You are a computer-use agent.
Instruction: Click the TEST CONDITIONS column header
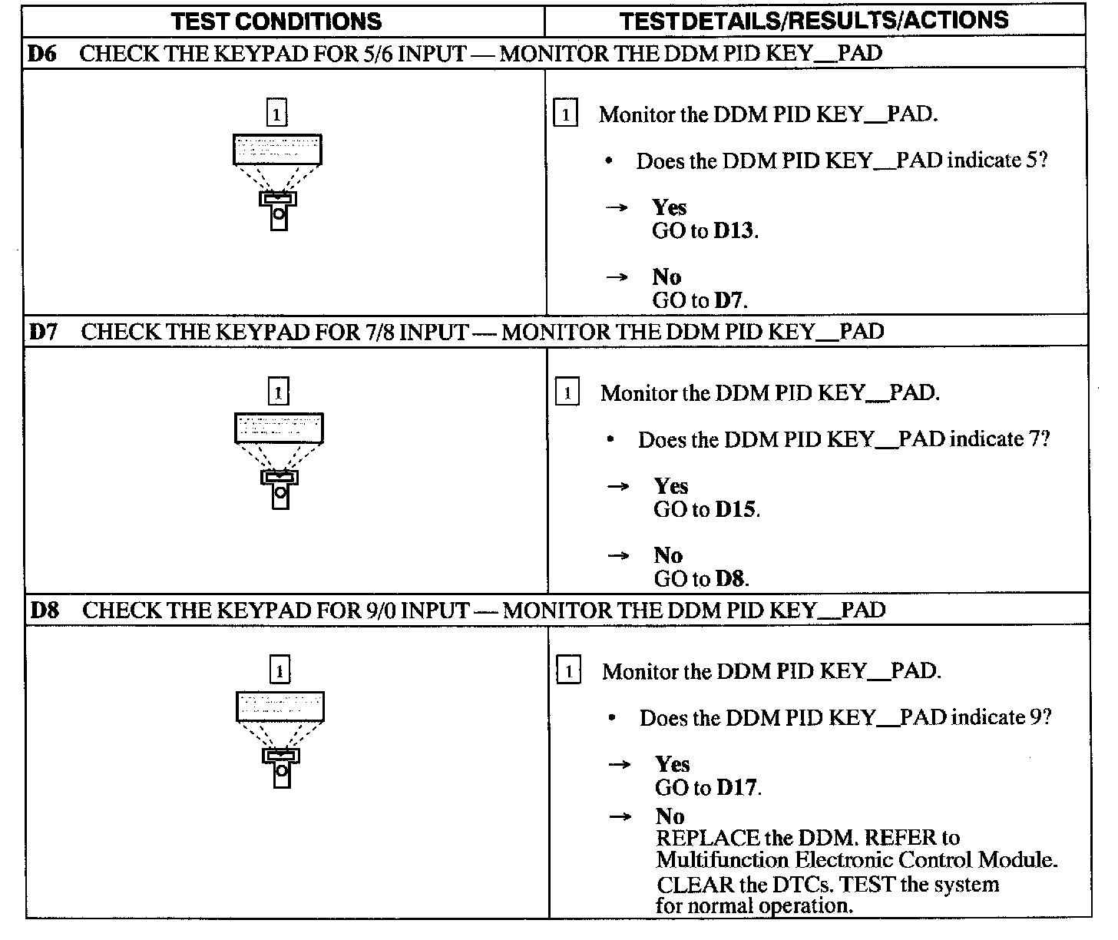click(x=276, y=21)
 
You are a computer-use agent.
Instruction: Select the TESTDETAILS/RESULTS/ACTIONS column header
click(x=814, y=21)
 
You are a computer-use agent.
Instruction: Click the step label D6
click(x=43, y=54)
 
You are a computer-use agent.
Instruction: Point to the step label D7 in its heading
click(x=45, y=332)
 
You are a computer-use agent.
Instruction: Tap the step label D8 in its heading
click(x=45, y=611)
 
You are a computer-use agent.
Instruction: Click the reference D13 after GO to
click(x=734, y=231)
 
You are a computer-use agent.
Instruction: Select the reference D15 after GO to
click(x=736, y=509)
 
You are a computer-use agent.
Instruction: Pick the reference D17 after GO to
click(x=737, y=787)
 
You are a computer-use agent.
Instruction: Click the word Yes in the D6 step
click(x=670, y=207)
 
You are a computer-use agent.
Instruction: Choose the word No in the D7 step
click(x=668, y=555)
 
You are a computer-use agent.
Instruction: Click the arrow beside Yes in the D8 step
click(x=619, y=765)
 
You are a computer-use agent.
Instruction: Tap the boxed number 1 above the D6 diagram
click(x=276, y=114)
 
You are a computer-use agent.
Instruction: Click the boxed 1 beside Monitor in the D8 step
click(x=568, y=672)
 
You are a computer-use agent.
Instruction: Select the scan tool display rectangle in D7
click(x=279, y=428)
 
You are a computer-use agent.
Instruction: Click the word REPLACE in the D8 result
click(x=708, y=838)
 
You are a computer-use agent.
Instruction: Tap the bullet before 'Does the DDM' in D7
click(x=610, y=440)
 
